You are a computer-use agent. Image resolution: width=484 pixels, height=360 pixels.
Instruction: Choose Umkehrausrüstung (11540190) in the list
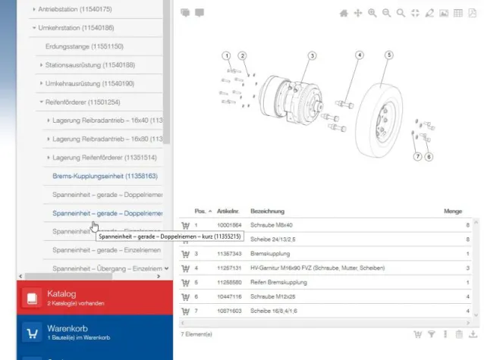tap(90, 83)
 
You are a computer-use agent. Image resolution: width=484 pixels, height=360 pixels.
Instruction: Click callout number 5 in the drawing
tap(388, 55)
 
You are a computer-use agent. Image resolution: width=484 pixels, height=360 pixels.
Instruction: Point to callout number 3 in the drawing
tap(312, 55)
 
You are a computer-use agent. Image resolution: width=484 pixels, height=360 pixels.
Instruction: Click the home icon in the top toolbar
tap(344, 13)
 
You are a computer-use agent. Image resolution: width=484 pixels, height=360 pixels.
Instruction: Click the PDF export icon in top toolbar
tap(472, 13)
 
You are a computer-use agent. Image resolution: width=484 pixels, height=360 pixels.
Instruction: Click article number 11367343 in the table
tap(228, 253)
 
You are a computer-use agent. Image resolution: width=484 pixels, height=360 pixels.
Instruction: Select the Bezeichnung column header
tap(267, 211)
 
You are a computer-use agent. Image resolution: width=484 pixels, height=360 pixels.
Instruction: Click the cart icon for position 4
tap(185, 268)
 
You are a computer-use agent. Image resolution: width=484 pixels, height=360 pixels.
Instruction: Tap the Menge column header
tap(452, 211)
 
